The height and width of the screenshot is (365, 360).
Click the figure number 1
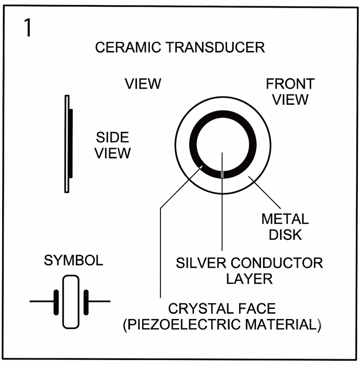(x=28, y=28)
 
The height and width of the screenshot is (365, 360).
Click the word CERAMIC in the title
(x=128, y=47)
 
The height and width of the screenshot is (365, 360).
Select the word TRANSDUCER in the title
(x=215, y=47)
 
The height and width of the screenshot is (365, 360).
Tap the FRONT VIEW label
(x=290, y=92)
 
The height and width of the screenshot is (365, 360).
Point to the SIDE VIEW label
(x=113, y=145)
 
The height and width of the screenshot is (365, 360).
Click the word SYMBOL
(x=73, y=260)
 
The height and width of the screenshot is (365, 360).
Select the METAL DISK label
(x=285, y=227)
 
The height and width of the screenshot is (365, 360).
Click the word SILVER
(x=201, y=263)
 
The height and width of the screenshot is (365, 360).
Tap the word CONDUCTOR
(x=277, y=263)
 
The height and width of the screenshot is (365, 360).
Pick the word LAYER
(x=249, y=279)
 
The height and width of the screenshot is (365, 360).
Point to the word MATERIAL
(x=281, y=324)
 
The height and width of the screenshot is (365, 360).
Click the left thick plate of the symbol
(x=56, y=302)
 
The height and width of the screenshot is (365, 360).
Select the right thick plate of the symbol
(x=86, y=302)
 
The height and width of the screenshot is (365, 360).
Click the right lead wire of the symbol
(x=99, y=302)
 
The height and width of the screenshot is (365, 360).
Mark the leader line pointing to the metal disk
(x=264, y=192)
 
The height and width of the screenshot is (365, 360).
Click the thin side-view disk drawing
(x=67, y=144)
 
